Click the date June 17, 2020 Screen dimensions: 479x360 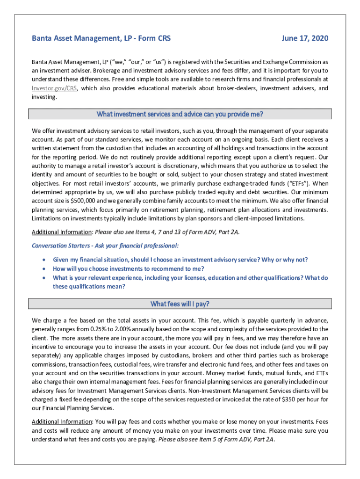point(305,38)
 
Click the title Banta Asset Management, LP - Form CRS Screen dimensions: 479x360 point(101,38)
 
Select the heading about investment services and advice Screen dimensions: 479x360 point(180,114)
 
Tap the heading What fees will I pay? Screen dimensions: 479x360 point(180,304)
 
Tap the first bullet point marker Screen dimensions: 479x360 point(44,260)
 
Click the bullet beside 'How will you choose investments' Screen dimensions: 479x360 point(44,269)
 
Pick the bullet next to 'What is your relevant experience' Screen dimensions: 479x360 point(44,278)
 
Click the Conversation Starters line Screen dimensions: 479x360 point(105,246)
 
